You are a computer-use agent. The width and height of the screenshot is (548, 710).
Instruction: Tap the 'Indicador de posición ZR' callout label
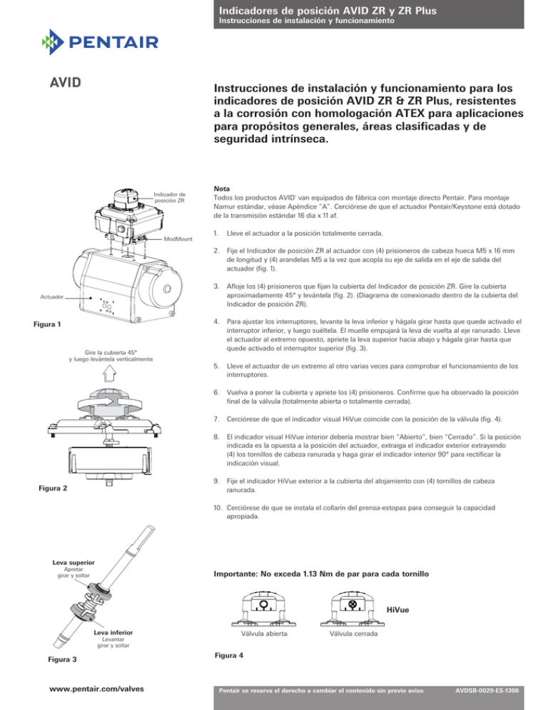(x=170, y=196)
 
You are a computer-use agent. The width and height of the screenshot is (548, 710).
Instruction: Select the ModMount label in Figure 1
(x=178, y=239)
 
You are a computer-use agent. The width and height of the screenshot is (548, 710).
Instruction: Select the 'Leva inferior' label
(x=113, y=633)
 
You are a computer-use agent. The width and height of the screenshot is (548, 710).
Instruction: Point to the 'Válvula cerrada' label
(x=354, y=633)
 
